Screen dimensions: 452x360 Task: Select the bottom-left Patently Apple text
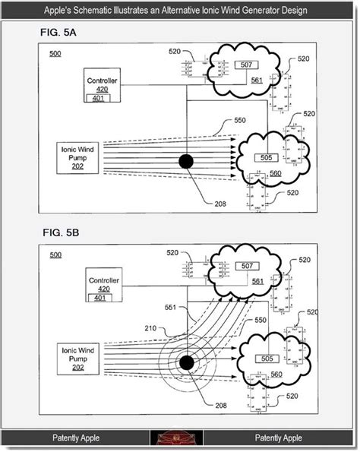point(76,438)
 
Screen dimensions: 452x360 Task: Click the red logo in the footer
point(181,438)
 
